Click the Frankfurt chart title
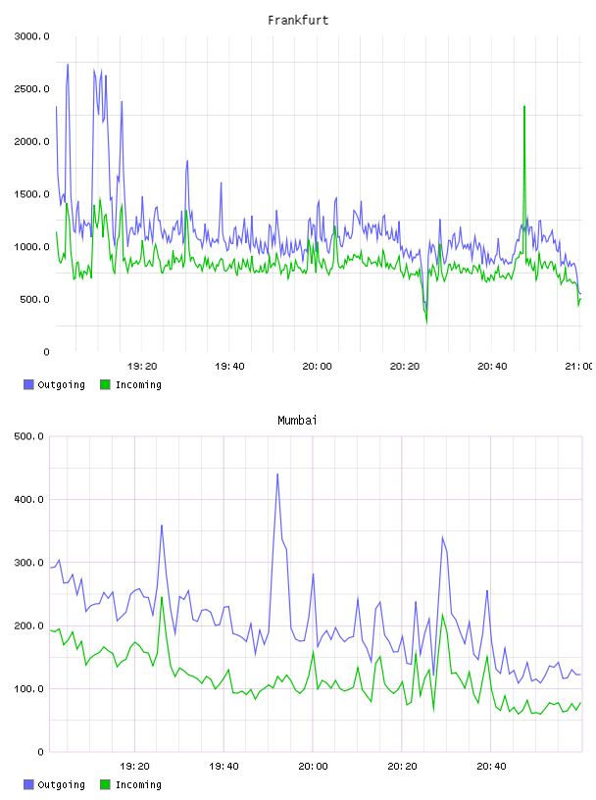click(298, 21)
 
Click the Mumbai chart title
click(297, 421)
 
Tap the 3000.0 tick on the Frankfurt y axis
click(31, 36)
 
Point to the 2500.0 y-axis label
click(31, 89)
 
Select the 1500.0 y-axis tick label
click(31, 194)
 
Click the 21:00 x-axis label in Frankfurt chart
click(579, 366)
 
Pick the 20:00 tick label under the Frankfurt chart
click(317, 366)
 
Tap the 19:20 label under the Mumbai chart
click(134, 766)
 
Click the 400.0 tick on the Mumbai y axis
click(28, 499)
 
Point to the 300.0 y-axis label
click(28, 563)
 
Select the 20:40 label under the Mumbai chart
click(491, 766)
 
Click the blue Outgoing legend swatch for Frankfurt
click(28, 384)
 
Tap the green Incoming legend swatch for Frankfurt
click(105, 384)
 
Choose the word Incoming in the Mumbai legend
click(138, 784)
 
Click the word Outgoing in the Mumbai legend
click(61, 784)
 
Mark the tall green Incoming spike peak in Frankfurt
click(524, 107)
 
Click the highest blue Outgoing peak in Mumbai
click(277, 474)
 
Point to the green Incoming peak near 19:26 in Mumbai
click(162, 597)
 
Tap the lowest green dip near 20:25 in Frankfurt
click(426, 323)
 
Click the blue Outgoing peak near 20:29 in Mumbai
click(442, 536)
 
